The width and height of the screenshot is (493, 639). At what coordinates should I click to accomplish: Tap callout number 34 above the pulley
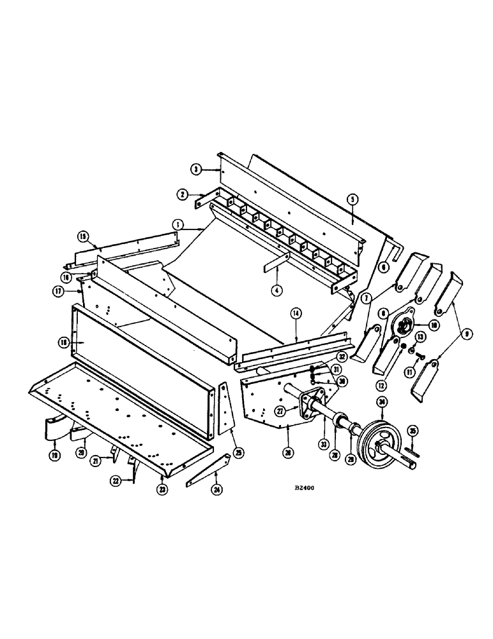381,402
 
